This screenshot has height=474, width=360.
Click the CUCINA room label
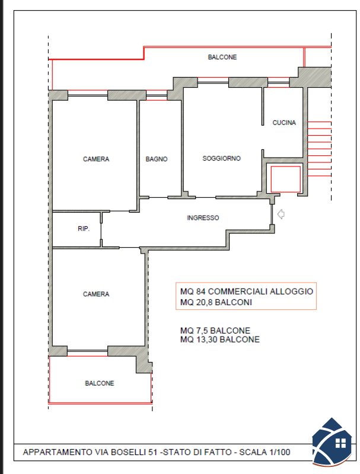click(284, 123)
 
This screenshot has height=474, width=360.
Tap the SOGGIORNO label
click(221, 158)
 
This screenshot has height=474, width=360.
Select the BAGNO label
click(157, 159)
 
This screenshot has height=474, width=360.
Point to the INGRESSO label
click(203, 218)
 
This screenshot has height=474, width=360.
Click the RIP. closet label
click(84, 229)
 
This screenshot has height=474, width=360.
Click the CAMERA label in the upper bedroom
click(96, 159)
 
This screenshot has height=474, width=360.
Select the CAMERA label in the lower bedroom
click(96, 294)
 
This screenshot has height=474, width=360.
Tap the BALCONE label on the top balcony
click(222, 57)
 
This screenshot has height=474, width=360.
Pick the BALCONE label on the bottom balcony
click(100, 383)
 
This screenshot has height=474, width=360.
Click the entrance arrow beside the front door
click(281, 214)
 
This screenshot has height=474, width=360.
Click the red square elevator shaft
click(286, 180)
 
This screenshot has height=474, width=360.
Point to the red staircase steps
click(319, 149)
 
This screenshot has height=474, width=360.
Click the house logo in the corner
click(332, 441)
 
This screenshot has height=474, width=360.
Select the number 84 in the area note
click(201, 292)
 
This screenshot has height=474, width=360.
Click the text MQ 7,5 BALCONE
click(215, 331)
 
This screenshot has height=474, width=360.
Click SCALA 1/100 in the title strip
click(265, 452)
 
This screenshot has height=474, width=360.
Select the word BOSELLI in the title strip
click(129, 452)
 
